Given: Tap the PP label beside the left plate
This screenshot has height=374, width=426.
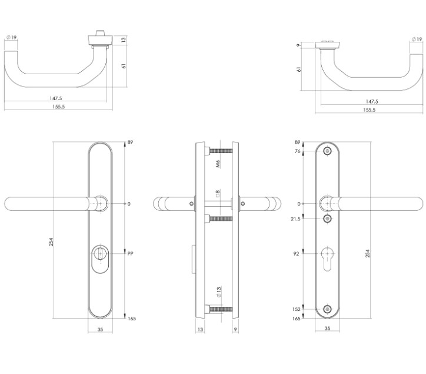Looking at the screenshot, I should (131, 254).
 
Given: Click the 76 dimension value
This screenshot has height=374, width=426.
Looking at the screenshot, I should (298, 151).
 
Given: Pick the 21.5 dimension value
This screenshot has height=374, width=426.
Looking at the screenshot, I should (295, 219).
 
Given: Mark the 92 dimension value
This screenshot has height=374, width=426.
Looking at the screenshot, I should (297, 254).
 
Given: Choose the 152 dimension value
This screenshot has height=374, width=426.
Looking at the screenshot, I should (297, 309).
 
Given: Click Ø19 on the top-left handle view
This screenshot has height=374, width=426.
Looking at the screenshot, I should (11, 37).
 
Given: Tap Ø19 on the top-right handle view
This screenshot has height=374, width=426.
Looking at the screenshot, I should (415, 39).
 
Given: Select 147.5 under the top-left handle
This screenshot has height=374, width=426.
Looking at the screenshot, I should (56, 99).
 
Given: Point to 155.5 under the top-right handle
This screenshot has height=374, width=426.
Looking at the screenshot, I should (369, 110).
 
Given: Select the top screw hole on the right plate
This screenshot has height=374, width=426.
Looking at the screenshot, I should (328, 151).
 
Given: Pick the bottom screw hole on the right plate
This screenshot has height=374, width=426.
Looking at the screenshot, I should (328, 309).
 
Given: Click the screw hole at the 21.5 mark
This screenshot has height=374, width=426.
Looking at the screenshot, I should (328, 219).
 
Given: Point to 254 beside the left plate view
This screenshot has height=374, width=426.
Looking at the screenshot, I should (52, 242).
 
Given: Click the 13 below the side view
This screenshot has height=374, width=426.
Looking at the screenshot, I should (201, 330).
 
